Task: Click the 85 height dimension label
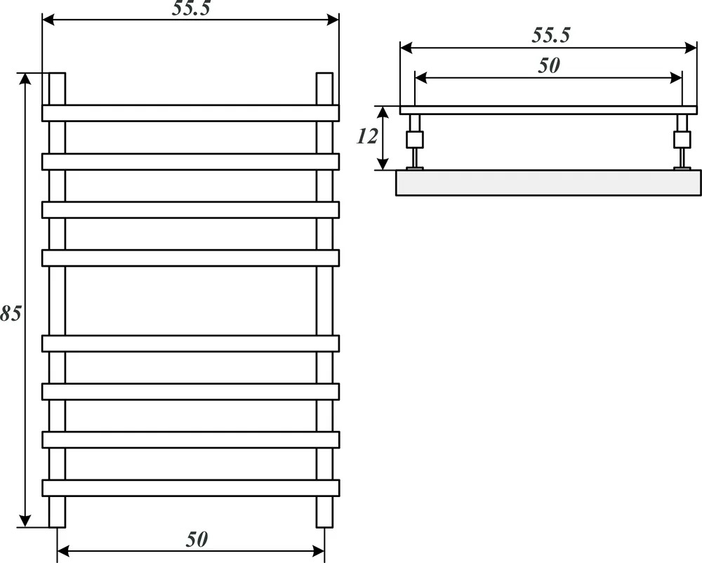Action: point(10,313)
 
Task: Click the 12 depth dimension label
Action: point(367,136)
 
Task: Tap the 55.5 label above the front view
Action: point(191,8)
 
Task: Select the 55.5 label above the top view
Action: point(551,35)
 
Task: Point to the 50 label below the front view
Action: point(197,540)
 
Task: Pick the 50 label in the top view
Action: point(549,66)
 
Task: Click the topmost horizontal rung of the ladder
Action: point(191,113)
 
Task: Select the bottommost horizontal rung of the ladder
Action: point(191,489)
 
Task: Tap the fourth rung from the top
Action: point(191,258)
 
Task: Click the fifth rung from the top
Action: point(191,343)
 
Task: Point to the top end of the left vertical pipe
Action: point(58,74)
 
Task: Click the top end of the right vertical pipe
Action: point(324,74)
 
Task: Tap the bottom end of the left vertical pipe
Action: point(58,526)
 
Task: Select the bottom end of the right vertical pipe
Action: point(324,526)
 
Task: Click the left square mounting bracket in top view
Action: point(415,140)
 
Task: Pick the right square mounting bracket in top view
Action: point(682,140)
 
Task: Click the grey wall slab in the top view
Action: point(548,183)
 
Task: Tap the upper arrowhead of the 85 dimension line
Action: point(25,78)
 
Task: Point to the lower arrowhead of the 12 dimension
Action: point(383,164)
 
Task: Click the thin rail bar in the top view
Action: point(548,110)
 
